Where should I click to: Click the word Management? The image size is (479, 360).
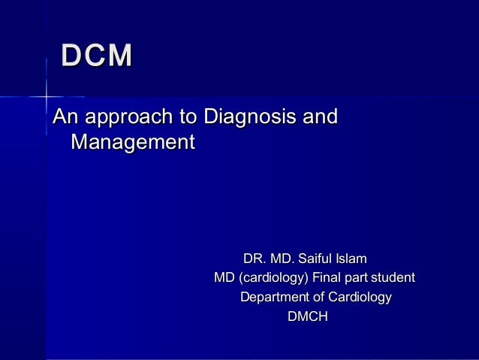pyautogui.click(x=132, y=141)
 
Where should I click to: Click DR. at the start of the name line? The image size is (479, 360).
pyautogui.click(x=255, y=259)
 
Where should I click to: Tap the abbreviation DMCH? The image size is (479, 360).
pyautogui.click(x=308, y=318)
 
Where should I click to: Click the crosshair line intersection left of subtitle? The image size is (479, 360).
pyautogui.click(x=47, y=97)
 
